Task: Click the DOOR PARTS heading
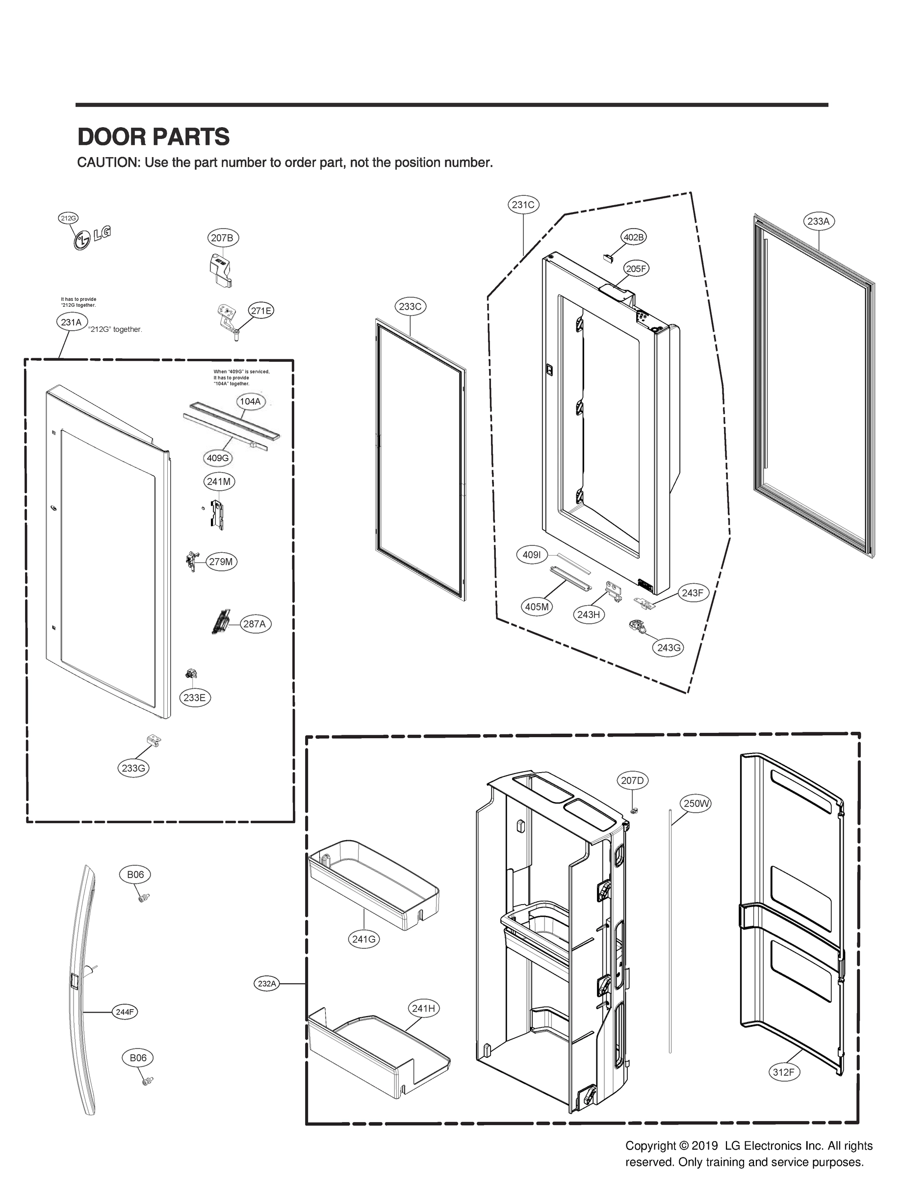[x=154, y=137]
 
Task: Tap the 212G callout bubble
[x=68, y=218]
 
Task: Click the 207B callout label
[x=223, y=238]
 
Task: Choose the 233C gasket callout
[x=410, y=306]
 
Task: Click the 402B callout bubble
[x=633, y=237]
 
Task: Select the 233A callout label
[x=819, y=221]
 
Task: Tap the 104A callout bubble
[x=250, y=401]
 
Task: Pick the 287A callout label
[x=255, y=624]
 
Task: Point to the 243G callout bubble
[x=669, y=648]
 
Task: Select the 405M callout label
[x=537, y=607]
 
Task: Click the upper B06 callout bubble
[x=135, y=874]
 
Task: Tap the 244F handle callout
[x=125, y=1012]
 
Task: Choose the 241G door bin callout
[x=364, y=939]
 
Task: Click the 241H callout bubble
[x=423, y=1008]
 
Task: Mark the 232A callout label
[x=267, y=984]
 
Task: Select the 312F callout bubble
[x=783, y=1072]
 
